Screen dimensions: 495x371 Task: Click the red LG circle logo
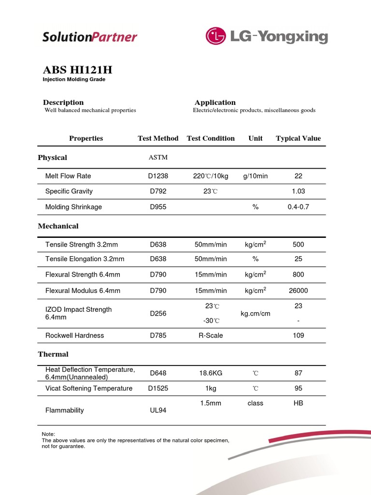click(216, 36)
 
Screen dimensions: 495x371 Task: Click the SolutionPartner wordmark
click(90, 37)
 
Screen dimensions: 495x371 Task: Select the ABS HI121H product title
click(77, 70)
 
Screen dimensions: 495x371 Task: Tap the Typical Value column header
click(298, 138)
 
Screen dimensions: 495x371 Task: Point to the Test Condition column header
click(211, 138)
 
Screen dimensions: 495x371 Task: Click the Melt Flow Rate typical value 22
click(298, 176)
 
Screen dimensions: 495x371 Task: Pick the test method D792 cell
click(158, 191)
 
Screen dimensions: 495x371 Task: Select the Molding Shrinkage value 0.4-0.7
click(298, 207)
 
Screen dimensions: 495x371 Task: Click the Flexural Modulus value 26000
click(298, 291)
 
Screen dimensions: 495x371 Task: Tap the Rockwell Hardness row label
click(74, 335)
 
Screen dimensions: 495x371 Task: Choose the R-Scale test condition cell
click(211, 335)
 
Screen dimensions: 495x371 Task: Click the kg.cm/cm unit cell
click(255, 314)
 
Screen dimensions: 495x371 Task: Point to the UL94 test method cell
click(158, 410)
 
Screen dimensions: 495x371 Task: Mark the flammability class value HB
click(298, 403)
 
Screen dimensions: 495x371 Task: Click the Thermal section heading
click(53, 354)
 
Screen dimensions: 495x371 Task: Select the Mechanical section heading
click(58, 226)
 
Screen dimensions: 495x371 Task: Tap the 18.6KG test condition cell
click(211, 373)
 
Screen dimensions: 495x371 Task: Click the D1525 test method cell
click(158, 388)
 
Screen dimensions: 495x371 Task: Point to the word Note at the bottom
click(49, 434)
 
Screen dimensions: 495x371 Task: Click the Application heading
click(215, 102)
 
